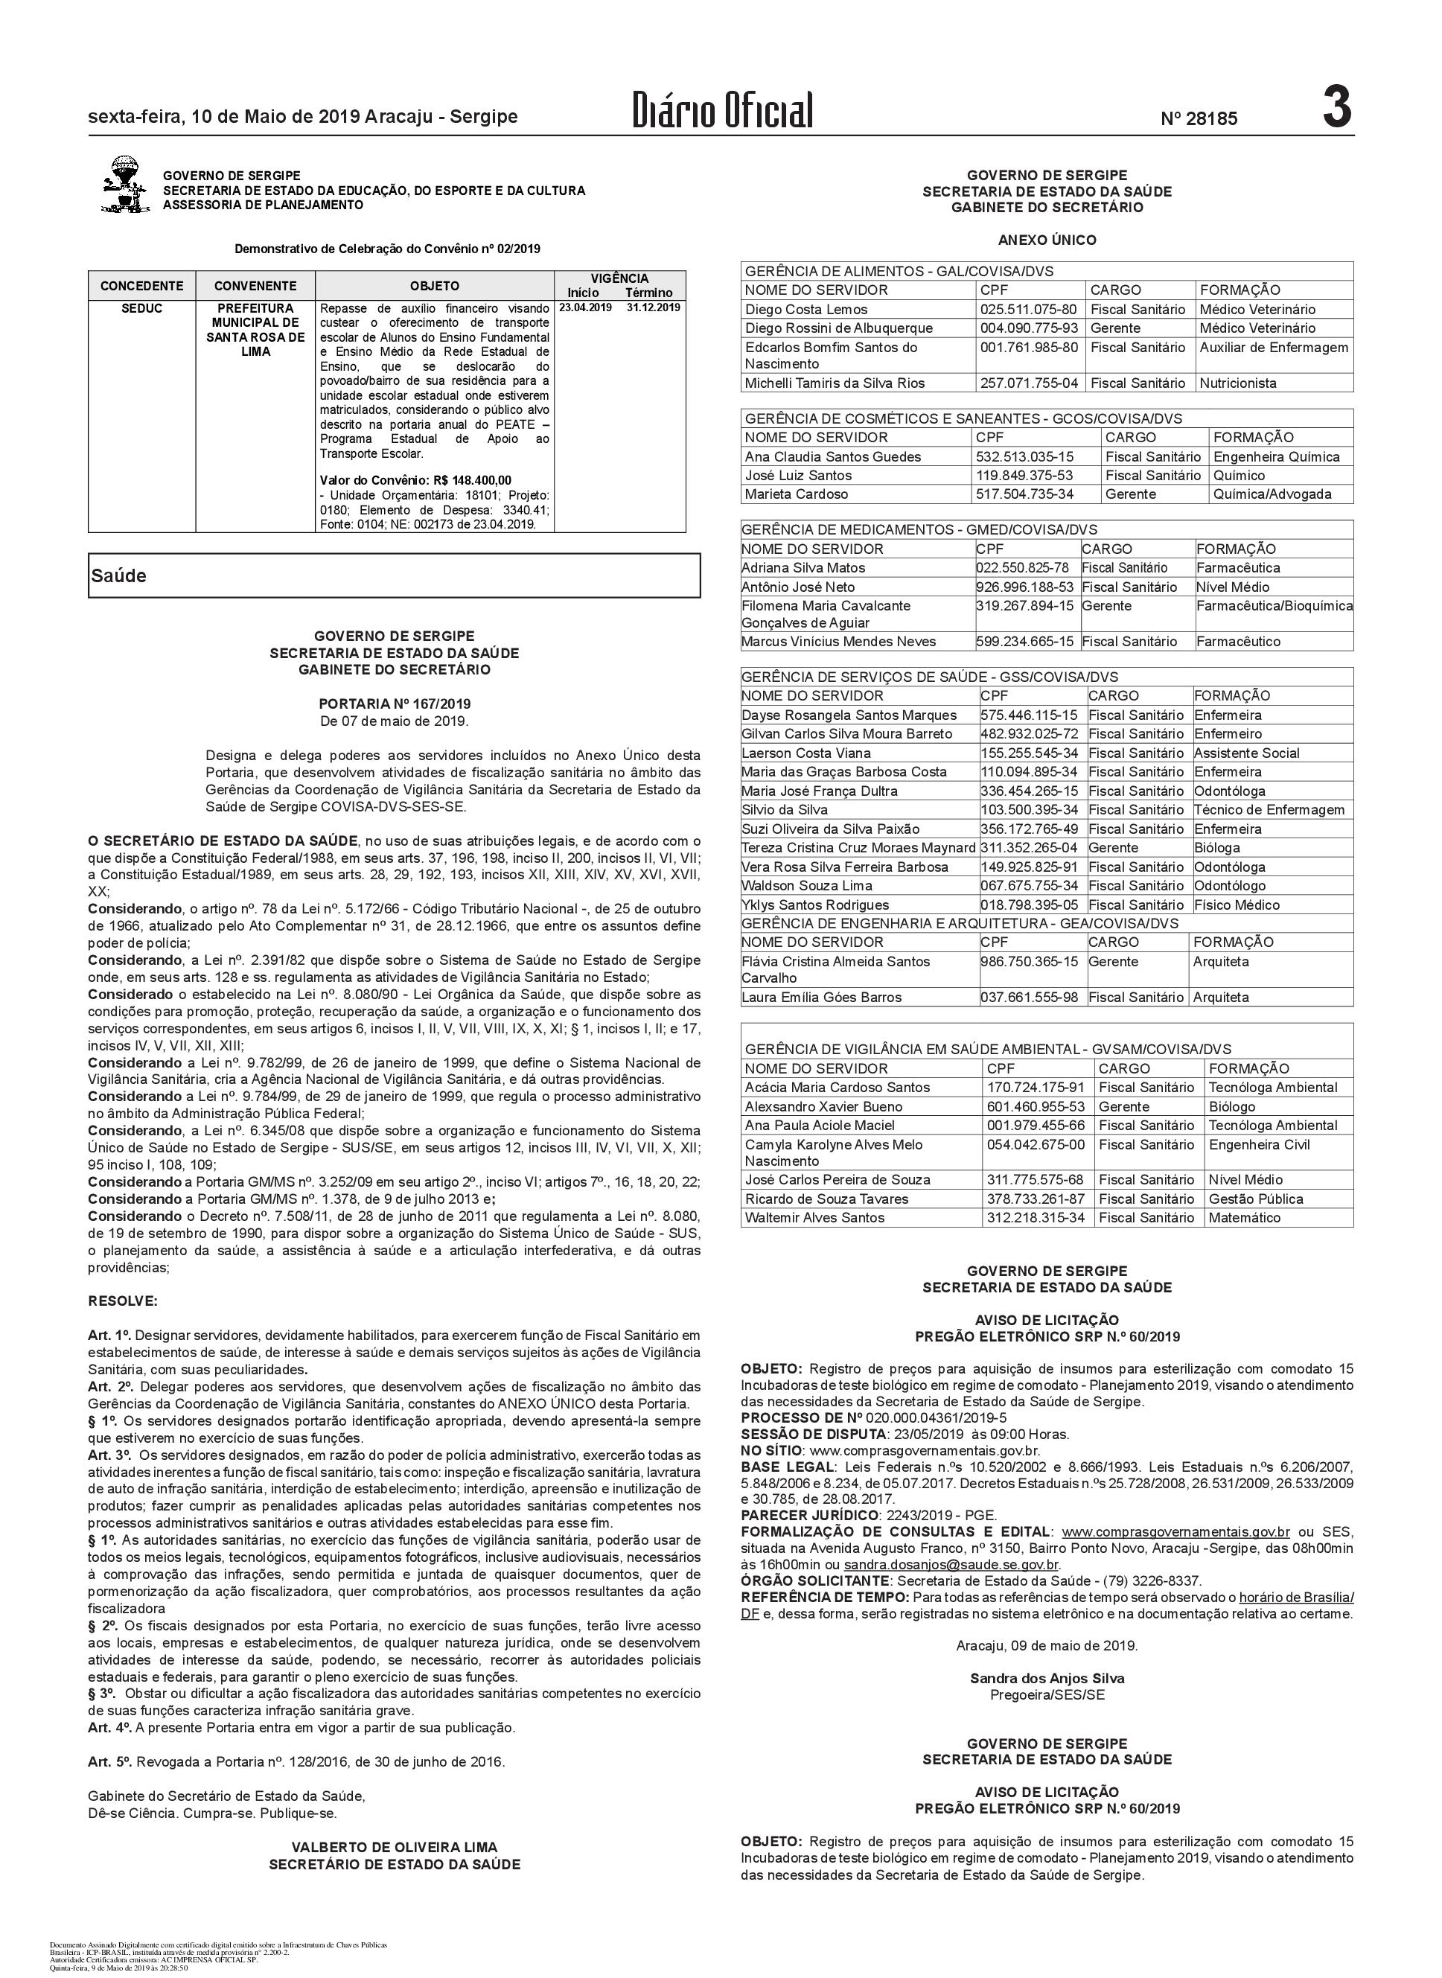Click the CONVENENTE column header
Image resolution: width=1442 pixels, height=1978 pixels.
tap(255, 285)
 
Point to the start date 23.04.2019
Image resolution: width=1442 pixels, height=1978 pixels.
tap(585, 308)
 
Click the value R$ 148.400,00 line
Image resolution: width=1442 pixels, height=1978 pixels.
tap(415, 480)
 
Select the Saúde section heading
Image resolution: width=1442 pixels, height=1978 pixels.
tap(118, 576)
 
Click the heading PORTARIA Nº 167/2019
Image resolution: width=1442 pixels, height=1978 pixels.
tap(395, 704)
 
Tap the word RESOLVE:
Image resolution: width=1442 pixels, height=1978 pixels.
tap(123, 1301)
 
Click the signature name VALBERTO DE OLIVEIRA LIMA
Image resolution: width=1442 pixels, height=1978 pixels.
tap(395, 1847)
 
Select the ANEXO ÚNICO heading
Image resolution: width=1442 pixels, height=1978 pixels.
tap(1047, 240)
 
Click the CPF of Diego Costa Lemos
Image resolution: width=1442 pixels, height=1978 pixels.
tap(1028, 309)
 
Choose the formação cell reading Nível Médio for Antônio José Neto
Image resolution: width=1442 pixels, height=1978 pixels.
tap(1233, 587)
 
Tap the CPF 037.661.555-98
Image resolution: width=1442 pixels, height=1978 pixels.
tap(1028, 997)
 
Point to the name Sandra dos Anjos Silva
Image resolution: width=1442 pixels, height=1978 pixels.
tap(1047, 1678)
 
